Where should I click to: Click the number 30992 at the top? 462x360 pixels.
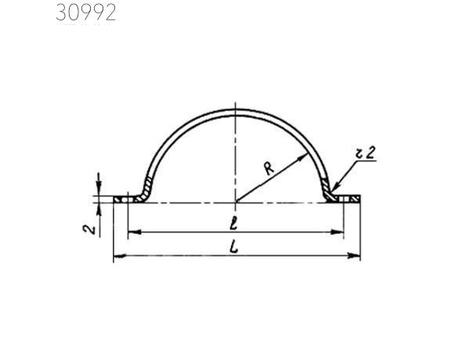click(86, 13)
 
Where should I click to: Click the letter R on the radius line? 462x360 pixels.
click(269, 168)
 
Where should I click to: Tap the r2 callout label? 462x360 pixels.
click(366, 153)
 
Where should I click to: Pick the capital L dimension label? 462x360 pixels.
click(234, 247)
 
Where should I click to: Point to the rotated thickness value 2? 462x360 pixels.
click(89, 229)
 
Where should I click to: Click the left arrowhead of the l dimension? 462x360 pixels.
click(135, 232)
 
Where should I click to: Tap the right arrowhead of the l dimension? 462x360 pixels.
click(337, 232)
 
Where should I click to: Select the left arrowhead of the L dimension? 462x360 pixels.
click(120, 256)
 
